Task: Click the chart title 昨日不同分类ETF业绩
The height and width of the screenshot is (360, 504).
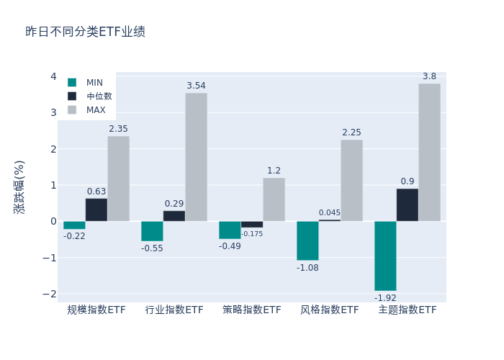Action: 85,32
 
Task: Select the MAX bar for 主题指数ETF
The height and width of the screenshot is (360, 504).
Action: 429,152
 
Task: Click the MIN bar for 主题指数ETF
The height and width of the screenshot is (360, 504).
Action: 385,256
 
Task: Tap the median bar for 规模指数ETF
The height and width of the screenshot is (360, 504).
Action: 96,210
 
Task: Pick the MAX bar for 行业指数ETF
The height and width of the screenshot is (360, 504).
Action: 196,157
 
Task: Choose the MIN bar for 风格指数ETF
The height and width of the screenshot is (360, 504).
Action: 307,240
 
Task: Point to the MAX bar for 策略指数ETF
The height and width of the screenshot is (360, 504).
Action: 274,199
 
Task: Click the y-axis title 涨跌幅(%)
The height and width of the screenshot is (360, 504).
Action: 19,187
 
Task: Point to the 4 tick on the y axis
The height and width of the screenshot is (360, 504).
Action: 53,76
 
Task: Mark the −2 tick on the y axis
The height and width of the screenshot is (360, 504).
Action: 50,294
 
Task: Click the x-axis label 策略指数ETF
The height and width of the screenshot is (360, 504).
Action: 252,310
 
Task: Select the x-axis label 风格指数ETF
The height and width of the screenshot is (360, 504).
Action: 330,310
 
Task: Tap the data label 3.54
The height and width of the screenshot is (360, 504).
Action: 196,86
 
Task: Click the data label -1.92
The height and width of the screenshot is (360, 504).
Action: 385,297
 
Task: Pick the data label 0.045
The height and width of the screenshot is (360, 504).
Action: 330,212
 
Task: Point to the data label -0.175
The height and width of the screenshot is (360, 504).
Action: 252,233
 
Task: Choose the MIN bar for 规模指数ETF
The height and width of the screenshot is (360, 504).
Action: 74,225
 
